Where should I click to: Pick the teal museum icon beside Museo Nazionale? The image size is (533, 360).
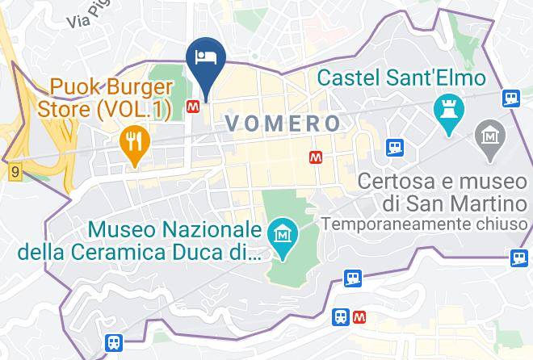[x=283, y=234]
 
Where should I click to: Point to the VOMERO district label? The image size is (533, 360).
[x=283, y=123]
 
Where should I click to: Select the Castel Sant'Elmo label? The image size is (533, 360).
[x=401, y=78]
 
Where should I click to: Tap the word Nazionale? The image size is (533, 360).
[x=214, y=230]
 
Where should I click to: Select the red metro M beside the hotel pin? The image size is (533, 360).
[x=193, y=106]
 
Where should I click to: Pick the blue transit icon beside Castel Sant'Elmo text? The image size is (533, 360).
[x=510, y=98]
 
